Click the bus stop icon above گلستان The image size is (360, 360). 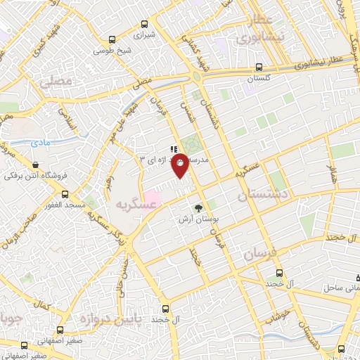[x=259, y=68]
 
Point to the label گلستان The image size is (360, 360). [x=259, y=79]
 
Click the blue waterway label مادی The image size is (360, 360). [x=43, y=143]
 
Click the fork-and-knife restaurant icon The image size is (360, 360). [x=172, y=148]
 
